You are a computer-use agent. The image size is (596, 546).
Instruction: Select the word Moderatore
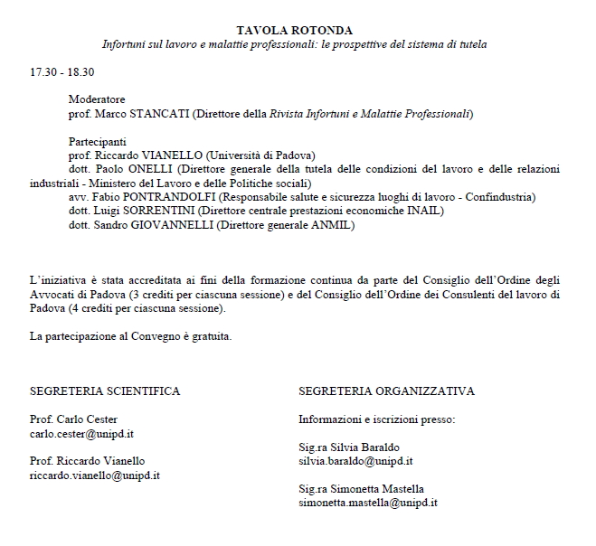97,99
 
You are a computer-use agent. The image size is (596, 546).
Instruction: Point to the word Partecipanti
98,142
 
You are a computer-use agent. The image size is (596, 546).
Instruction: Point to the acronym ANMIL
333,225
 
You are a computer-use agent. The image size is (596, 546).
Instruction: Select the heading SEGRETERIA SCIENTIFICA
105,391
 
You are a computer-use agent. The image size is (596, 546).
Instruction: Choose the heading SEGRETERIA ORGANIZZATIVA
386,391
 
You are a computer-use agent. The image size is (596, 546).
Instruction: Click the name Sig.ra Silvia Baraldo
349,447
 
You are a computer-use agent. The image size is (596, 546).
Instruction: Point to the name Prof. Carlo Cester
69,419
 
